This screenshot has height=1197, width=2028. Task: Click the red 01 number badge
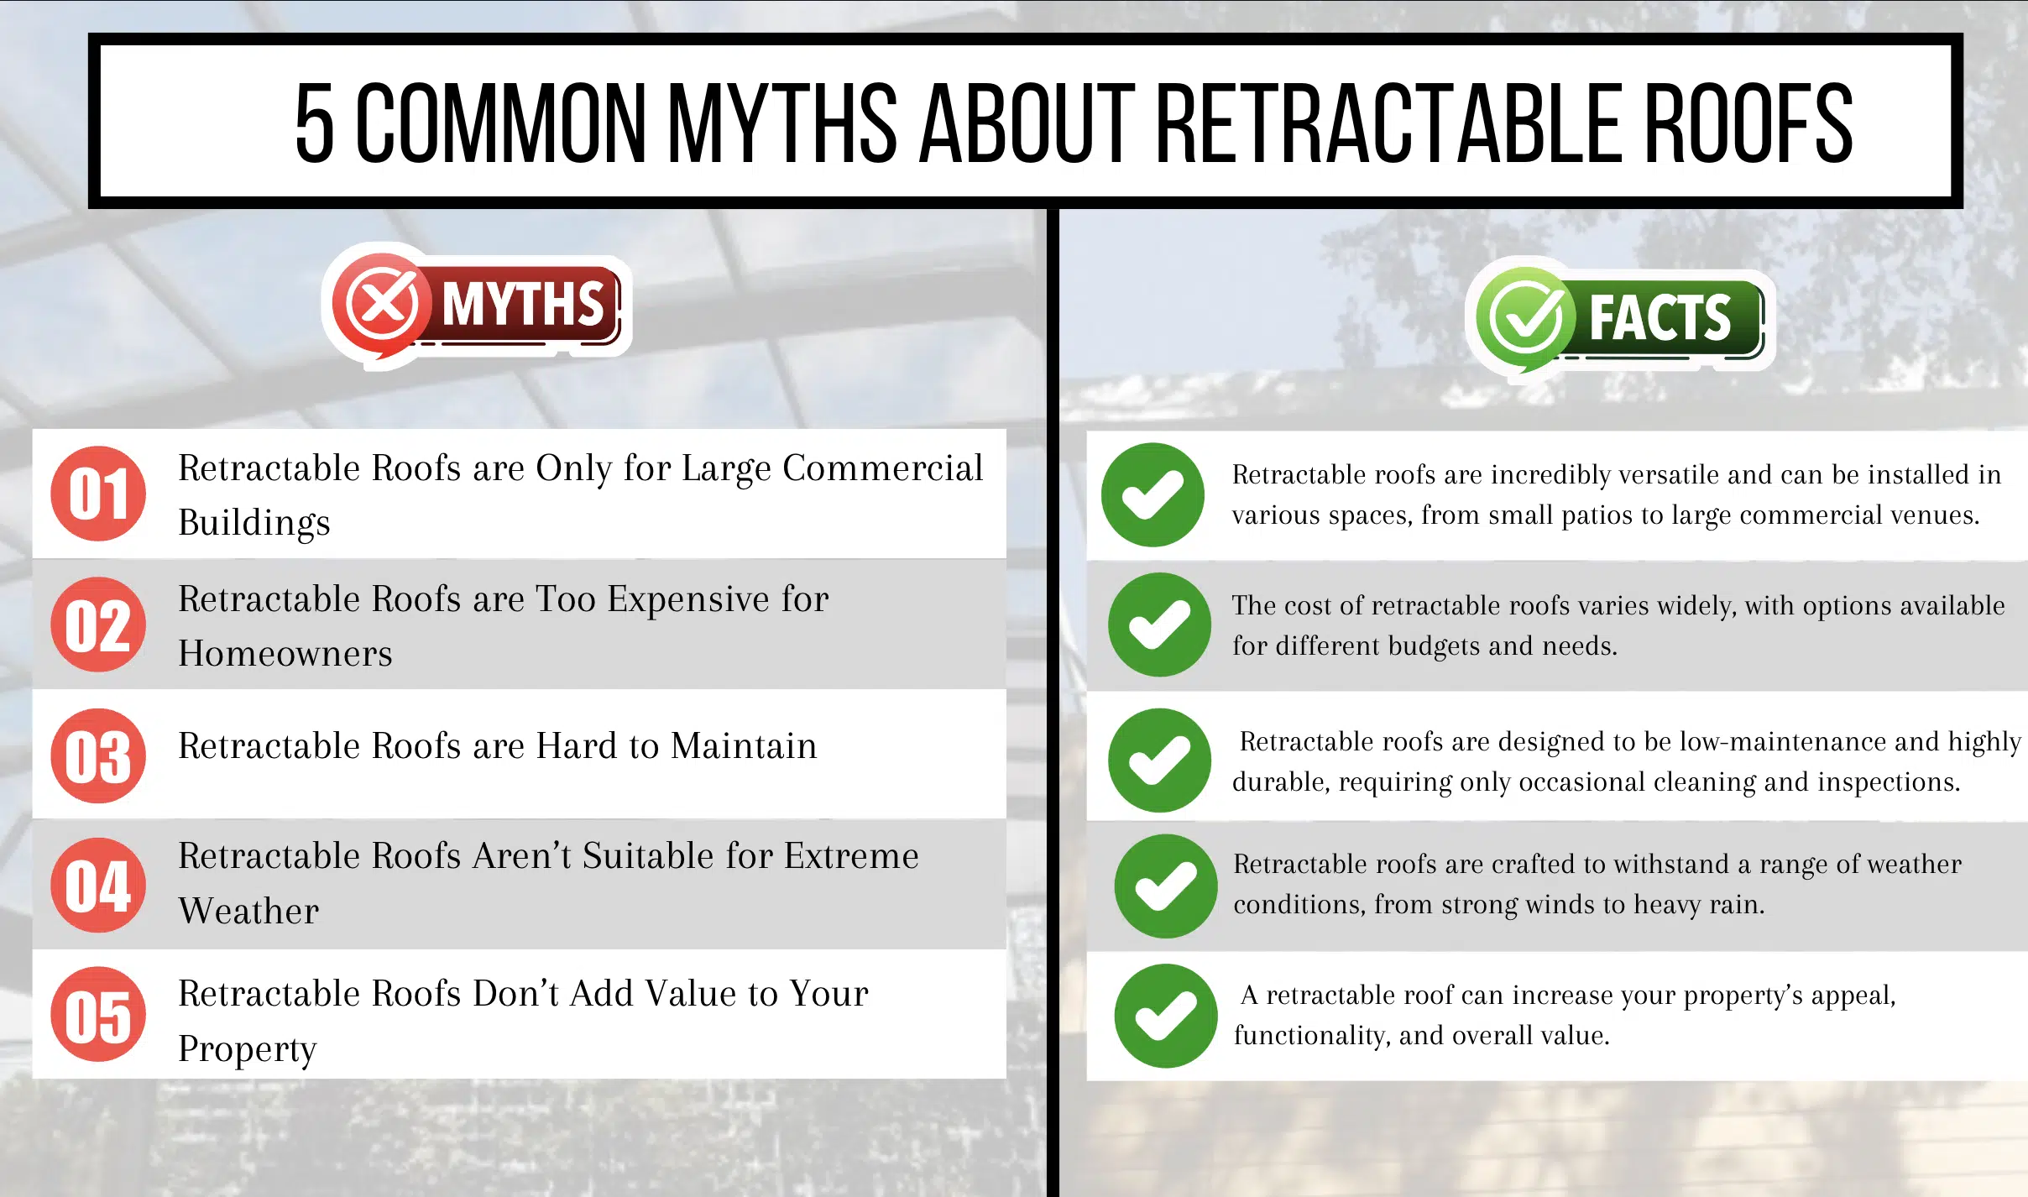click(98, 494)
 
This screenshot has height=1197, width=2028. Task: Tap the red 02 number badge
click(98, 625)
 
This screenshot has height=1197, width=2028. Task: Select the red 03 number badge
click(98, 755)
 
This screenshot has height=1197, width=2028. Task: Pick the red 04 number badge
click(98, 886)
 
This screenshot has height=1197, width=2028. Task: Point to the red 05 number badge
click(98, 1015)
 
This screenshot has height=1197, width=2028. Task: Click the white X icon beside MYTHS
click(383, 303)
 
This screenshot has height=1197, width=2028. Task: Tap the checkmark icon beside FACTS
click(1525, 318)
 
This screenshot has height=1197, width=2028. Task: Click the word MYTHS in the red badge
click(523, 304)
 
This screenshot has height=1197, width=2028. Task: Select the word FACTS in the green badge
click(1660, 317)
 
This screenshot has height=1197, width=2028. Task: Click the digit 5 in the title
click(315, 123)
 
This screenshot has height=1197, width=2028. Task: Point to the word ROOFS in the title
click(1748, 123)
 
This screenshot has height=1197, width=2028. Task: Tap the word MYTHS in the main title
click(782, 123)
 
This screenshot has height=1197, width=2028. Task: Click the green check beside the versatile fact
click(1153, 495)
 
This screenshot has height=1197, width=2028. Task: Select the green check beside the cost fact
click(1159, 625)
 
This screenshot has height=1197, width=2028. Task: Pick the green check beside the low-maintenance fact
click(1159, 761)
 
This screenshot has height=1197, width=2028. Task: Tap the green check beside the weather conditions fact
click(1166, 886)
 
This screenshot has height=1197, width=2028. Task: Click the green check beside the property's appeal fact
click(1166, 1016)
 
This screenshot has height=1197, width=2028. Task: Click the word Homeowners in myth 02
click(285, 653)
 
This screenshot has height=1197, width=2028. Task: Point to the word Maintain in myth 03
click(744, 745)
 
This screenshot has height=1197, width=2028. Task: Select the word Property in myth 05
click(248, 1049)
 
